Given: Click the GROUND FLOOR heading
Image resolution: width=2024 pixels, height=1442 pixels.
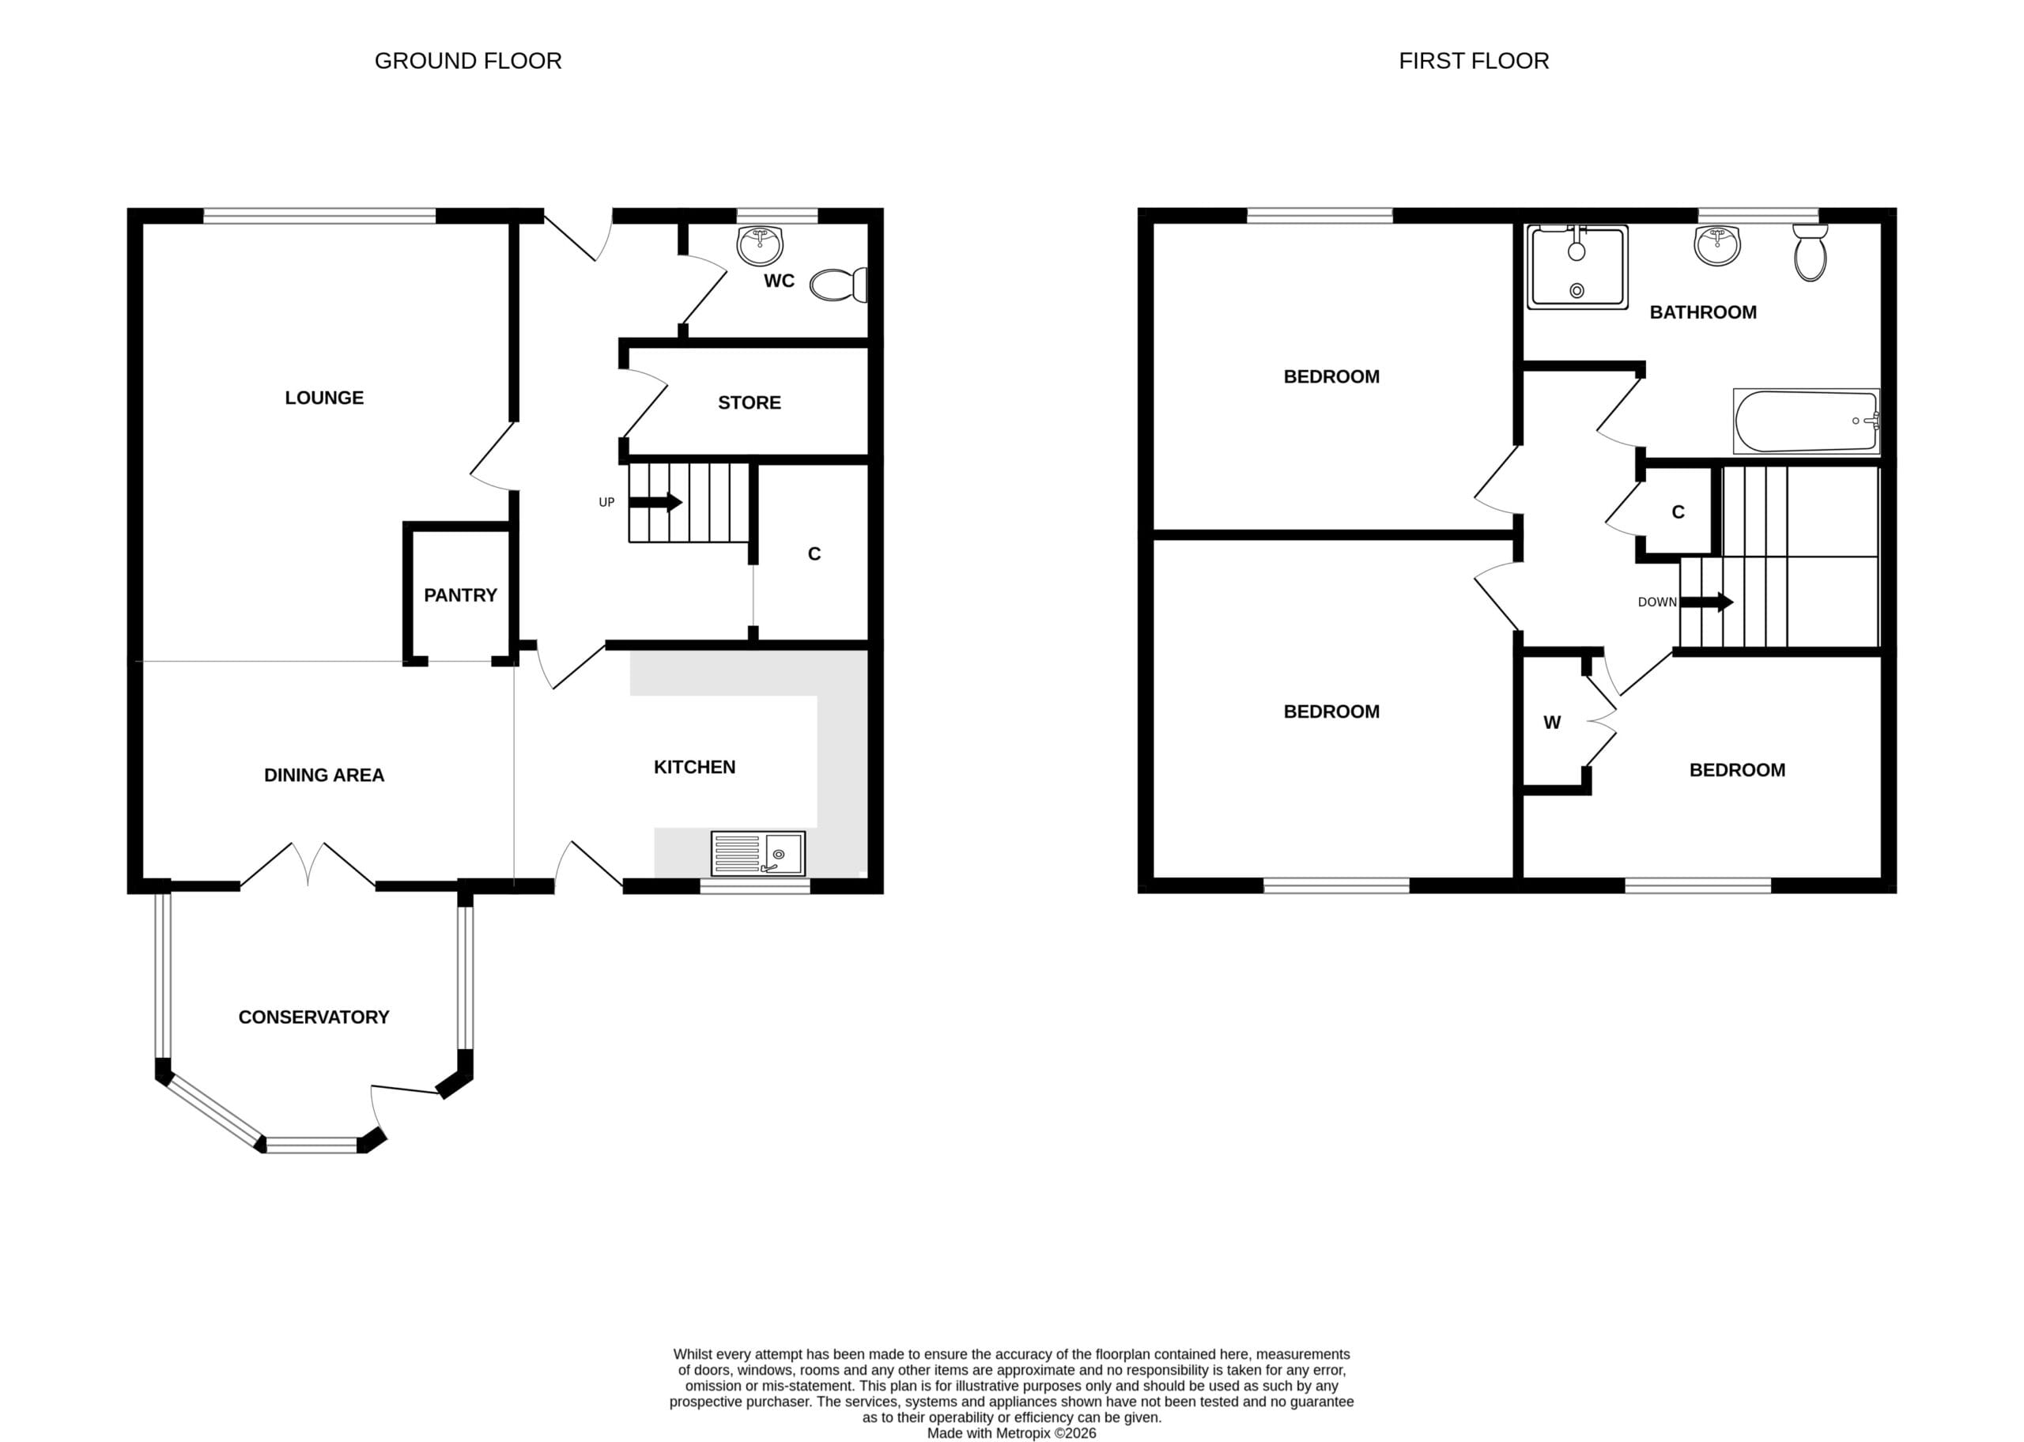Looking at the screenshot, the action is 468,60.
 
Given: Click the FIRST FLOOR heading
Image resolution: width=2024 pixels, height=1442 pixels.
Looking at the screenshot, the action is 1474,60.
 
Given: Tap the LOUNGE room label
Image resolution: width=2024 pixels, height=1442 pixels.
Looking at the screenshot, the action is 324,398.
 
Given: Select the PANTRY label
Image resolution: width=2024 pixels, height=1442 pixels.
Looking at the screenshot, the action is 460,595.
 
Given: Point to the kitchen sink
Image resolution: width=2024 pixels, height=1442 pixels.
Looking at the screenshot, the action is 757,853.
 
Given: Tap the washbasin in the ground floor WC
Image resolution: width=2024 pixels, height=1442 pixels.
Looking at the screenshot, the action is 760,245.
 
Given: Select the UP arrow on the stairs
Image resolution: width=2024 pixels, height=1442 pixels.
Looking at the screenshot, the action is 655,503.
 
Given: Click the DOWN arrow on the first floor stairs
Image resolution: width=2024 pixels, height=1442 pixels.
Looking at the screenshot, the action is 1707,602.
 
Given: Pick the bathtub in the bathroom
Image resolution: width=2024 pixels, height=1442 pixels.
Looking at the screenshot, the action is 1807,421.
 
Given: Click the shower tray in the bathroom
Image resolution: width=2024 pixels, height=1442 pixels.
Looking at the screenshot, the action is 1577,267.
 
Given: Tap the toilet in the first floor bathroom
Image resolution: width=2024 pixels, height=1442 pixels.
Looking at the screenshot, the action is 1810,252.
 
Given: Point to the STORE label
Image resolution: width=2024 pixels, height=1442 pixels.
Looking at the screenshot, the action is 750,403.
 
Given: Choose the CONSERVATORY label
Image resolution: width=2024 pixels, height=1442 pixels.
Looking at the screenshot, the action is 313,1017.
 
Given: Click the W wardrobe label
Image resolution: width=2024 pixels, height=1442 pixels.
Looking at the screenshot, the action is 1552,723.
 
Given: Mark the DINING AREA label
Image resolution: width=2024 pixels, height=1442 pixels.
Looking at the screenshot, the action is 324,776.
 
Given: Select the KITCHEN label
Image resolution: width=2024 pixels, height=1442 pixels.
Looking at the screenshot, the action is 694,767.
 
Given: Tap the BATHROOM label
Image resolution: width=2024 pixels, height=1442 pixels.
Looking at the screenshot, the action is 1703,312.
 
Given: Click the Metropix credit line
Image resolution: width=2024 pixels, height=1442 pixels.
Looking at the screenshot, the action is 1012,1433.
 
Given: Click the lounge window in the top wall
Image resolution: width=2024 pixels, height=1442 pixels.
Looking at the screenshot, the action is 319,216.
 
